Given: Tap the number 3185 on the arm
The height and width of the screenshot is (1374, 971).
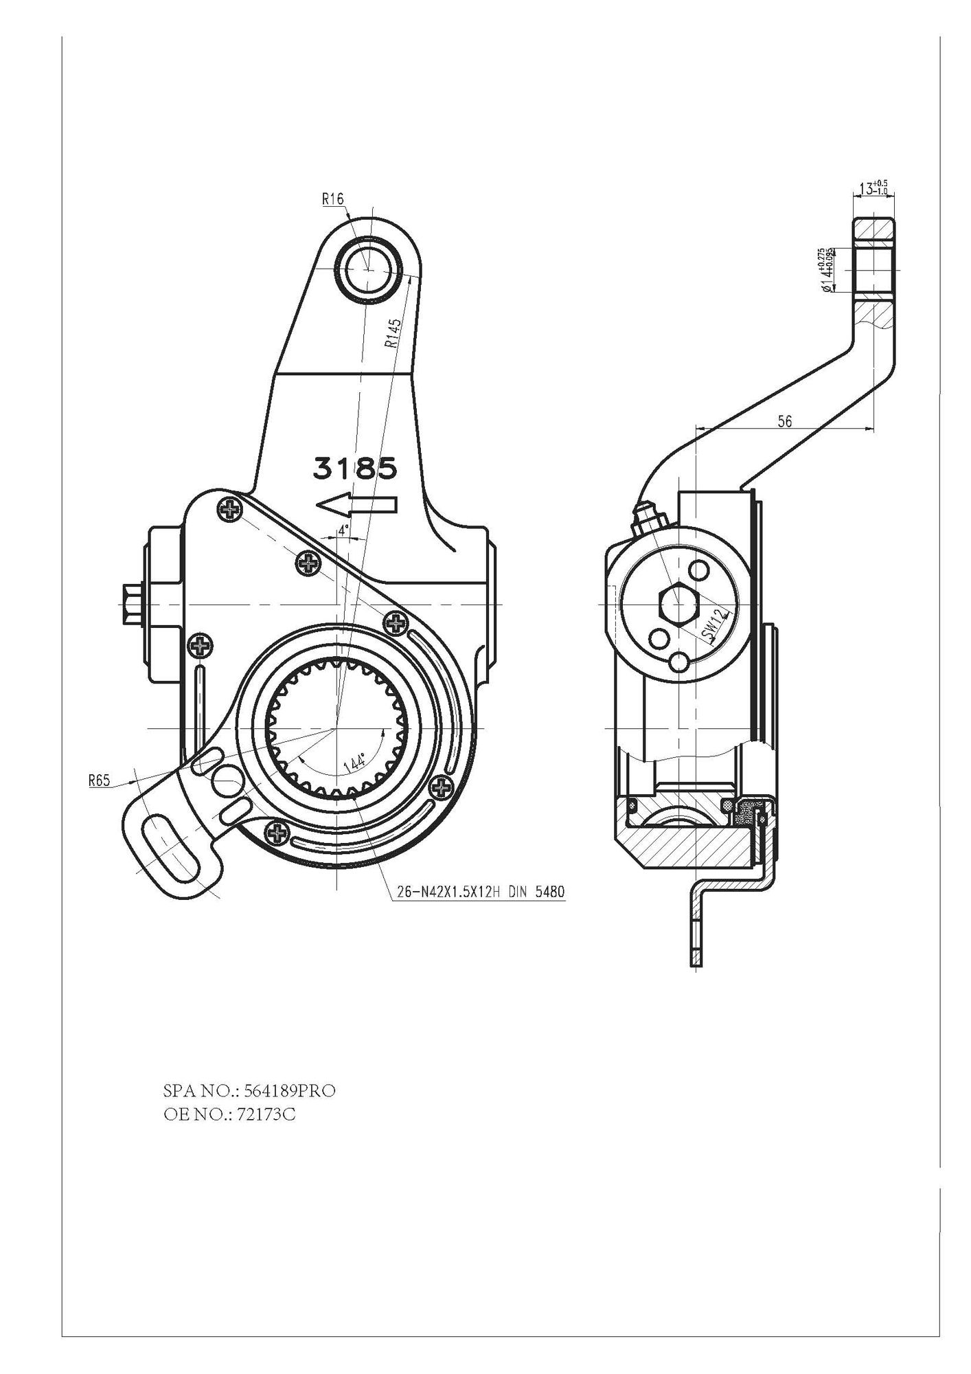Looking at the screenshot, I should [x=355, y=469].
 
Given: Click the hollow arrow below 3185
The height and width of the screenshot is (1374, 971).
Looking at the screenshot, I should [x=356, y=506].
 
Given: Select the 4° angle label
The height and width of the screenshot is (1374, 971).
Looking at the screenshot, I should [x=343, y=530].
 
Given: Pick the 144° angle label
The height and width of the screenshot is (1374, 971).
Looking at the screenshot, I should [x=356, y=764].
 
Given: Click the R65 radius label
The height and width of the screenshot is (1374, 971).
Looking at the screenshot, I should [x=100, y=780].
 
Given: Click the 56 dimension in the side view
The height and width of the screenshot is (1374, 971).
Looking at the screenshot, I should [x=784, y=421].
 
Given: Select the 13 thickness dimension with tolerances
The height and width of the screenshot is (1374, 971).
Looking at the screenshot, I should [x=871, y=188].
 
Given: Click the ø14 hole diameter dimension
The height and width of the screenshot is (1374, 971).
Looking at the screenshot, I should [x=826, y=270].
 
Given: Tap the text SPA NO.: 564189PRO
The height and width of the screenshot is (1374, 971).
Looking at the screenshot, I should [x=249, y=1091].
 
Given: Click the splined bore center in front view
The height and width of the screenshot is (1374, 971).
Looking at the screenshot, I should [x=337, y=727].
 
